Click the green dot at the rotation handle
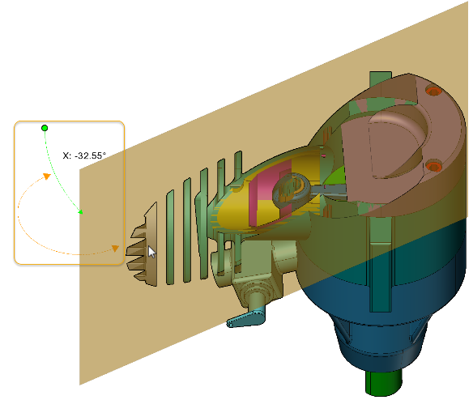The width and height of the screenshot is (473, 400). click(45, 128)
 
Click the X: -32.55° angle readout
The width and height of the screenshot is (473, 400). click(84, 155)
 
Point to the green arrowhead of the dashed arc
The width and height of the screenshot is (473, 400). click(80, 212)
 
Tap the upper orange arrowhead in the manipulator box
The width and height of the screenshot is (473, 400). click(47, 177)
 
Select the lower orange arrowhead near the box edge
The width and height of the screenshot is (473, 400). click(115, 249)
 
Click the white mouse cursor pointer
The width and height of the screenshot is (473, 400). click(151, 252)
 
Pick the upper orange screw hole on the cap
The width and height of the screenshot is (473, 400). click(433, 91)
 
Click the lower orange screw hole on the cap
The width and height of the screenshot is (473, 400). click(434, 166)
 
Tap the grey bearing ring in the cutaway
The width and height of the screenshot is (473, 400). click(291, 189)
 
